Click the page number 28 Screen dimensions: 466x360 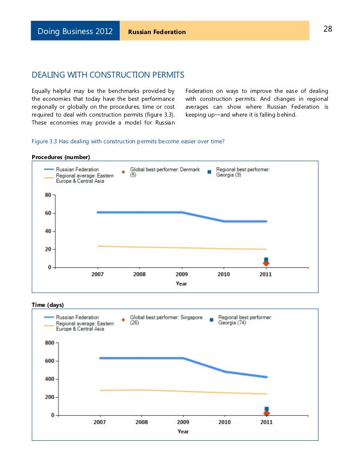point(327,29)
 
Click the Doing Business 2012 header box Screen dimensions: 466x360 point(75,32)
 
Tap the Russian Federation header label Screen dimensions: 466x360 point(157,32)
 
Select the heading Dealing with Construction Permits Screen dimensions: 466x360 point(108,75)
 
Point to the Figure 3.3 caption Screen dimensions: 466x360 point(128,142)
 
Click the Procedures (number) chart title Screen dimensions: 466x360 point(60,157)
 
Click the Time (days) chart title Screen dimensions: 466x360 point(48,304)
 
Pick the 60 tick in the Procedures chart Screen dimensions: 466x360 point(48,213)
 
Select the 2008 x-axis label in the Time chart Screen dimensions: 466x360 point(141,423)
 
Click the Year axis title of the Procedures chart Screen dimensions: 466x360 point(181,284)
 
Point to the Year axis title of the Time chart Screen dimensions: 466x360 point(183,431)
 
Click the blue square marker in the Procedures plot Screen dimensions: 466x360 point(266,259)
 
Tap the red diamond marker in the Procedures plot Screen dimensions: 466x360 point(266,264)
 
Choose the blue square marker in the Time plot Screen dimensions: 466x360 point(267,409)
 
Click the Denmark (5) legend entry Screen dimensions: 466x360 point(164,172)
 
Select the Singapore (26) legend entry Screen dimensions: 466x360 point(166,320)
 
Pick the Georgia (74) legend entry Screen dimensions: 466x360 point(245,320)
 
